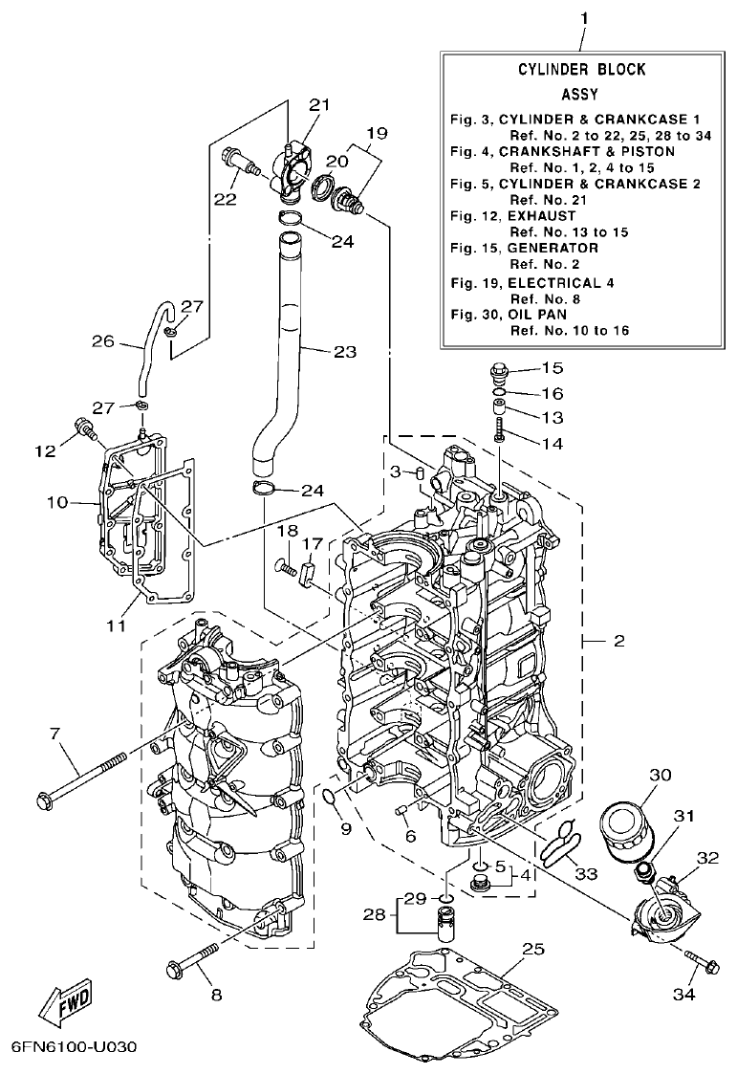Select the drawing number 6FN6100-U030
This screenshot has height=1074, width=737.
(x=76, y=1046)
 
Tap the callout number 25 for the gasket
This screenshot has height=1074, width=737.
(x=532, y=949)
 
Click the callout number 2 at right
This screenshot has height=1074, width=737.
(x=618, y=641)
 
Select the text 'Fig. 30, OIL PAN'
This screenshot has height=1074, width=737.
(x=510, y=314)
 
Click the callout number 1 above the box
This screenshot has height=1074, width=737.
(x=585, y=18)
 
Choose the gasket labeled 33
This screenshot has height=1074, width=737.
(x=558, y=841)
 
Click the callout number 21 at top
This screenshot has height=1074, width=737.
(x=318, y=104)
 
